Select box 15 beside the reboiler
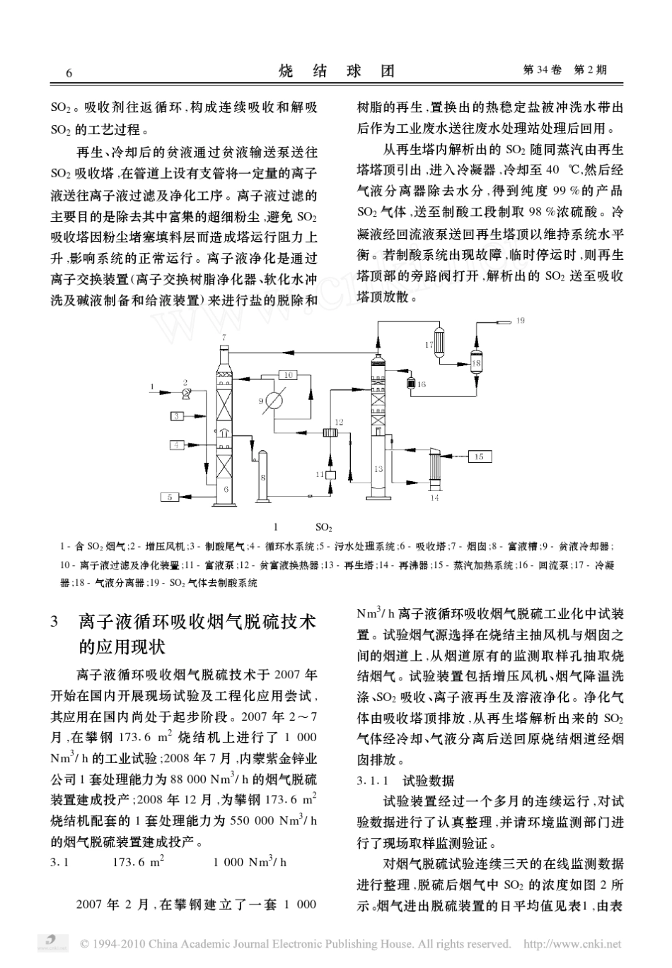point(479,456)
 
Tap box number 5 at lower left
point(170,497)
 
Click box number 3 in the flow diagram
point(176,416)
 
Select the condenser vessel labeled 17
point(439,343)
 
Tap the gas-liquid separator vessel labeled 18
point(476,362)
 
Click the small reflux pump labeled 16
point(410,384)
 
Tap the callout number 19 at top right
point(521,321)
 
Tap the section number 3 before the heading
point(54,622)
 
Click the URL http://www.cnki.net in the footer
point(572,944)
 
